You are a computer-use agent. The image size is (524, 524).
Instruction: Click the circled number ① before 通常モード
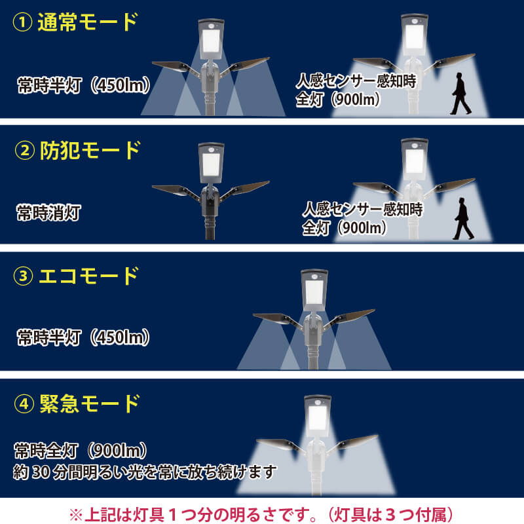pyautogui.click(x=23, y=22)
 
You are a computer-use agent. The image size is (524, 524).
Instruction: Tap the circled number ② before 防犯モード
pyautogui.click(x=25, y=151)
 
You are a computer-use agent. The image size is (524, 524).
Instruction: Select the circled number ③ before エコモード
pyautogui.click(x=24, y=276)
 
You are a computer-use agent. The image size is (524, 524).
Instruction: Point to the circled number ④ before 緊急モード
pyautogui.click(x=24, y=403)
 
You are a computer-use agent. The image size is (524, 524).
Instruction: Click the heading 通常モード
pyautogui.click(x=88, y=22)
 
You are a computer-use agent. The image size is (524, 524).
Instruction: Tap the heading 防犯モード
pyautogui.click(x=90, y=151)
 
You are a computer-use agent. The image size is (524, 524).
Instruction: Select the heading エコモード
pyautogui.click(x=89, y=276)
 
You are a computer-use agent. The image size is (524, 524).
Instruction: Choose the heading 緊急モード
pyautogui.click(x=90, y=403)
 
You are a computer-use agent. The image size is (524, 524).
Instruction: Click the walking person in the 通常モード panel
pyautogui.click(x=460, y=94)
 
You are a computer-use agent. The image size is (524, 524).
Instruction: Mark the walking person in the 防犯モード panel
pyautogui.click(x=463, y=219)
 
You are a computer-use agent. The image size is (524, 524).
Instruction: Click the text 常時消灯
pyautogui.click(x=49, y=213)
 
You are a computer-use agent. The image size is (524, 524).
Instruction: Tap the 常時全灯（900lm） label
pyautogui.click(x=81, y=451)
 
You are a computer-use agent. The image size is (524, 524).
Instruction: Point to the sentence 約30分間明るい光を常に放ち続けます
pyautogui.click(x=145, y=472)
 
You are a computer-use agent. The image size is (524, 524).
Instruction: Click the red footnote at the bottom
pyautogui.click(x=261, y=514)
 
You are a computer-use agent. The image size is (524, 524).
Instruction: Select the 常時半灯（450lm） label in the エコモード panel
pyautogui.click(x=84, y=337)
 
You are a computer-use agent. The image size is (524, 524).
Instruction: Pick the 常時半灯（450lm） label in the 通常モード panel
pyautogui.click(x=84, y=85)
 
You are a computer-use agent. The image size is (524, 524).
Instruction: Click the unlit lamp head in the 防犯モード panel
pyautogui.click(x=211, y=163)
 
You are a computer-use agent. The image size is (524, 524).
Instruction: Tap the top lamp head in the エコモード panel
pyautogui.click(x=314, y=290)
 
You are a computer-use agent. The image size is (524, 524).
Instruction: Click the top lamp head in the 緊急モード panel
pyautogui.click(x=318, y=416)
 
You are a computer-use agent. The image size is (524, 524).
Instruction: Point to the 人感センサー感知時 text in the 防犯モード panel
pyautogui.click(x=363, y=210)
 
